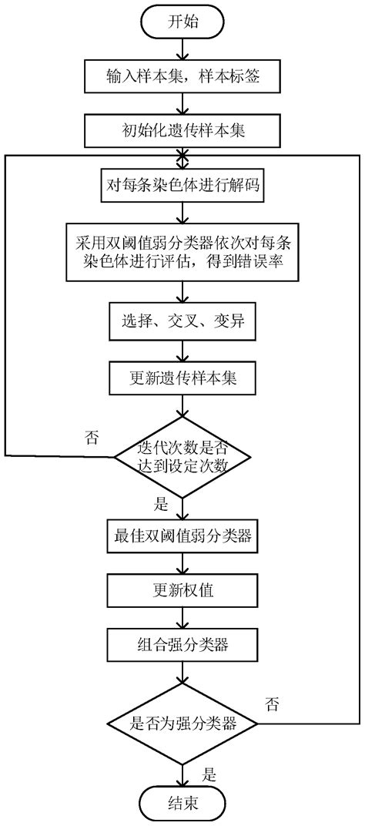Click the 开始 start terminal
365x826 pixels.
(183, 21)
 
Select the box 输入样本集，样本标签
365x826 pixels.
(183, 77)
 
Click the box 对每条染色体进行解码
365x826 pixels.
(183, 185)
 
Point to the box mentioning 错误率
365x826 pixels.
(183, 248)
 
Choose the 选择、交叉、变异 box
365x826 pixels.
(183, 321)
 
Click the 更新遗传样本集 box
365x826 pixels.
(183, 378)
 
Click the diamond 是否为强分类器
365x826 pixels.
(182, 723)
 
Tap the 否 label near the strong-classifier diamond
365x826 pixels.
(272, 703)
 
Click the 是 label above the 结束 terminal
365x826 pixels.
(209, 772)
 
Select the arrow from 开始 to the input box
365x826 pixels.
(183, 48)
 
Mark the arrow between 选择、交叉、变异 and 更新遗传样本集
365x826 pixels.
(183, 351)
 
